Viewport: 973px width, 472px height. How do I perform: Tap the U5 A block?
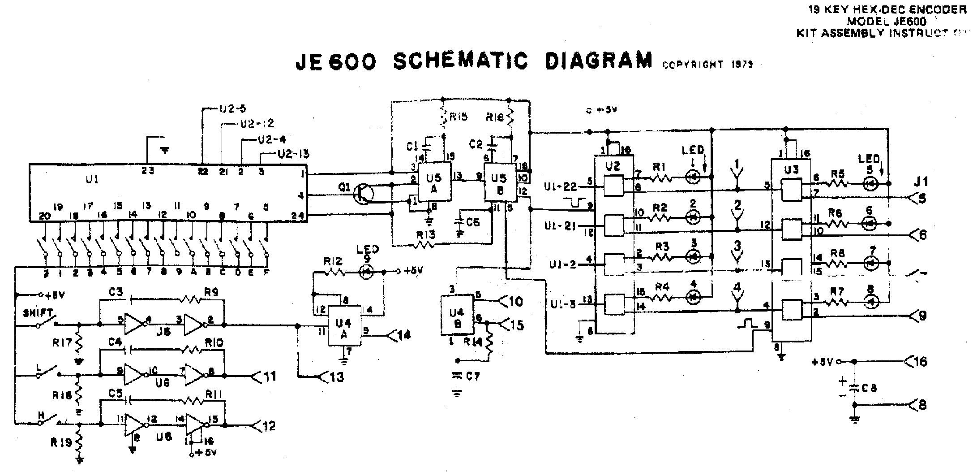[x=433, y=184]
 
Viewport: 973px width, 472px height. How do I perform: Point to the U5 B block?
[x=499, y=184]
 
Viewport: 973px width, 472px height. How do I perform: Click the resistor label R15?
[x=459, y=117]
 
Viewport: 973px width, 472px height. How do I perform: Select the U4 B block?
[x=457, y=315]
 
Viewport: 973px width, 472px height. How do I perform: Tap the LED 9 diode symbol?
[x=367, y=271]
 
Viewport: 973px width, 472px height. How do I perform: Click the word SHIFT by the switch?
[x=39, y=312]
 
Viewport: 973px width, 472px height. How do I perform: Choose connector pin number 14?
[x=404, y=335]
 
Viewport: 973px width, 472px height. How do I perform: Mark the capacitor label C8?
[x=869, y=389]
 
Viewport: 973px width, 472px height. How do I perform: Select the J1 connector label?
[x=921, y=182]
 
